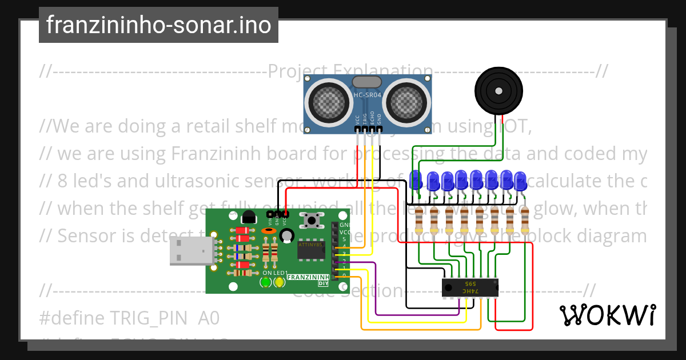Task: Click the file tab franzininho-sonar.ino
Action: (x=158, y=25)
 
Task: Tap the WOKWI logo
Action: (x=607, y=315)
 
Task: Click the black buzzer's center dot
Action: (x=498, y=90)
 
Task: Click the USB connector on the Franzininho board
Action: (x=193, y=251)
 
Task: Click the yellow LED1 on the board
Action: (x=280, y=282)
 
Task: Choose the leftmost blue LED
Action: (x=416, y=179)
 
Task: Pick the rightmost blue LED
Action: (x=520, y=181)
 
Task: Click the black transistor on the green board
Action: (x=249, y=217)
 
